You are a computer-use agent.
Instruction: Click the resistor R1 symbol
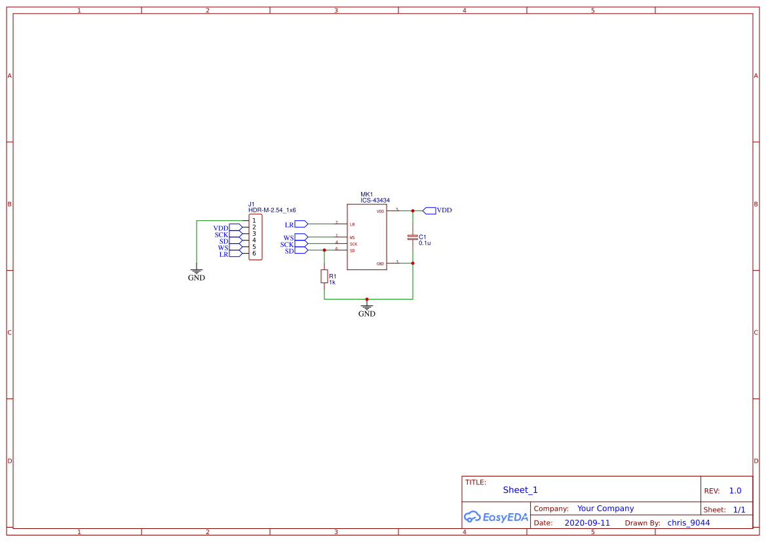(x=324, y=277)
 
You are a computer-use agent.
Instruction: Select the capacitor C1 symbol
(x=412, y=237)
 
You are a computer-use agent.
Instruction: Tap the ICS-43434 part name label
(x=375, y=201)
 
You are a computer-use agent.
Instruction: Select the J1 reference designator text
(x=252, y=204)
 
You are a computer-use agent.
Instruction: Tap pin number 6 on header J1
(x=254, y=254)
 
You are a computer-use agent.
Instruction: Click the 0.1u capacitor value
(x=425, y=243)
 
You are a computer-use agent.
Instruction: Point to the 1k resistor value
(x=332, y=282)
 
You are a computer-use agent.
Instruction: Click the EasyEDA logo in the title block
(x=495, y=517)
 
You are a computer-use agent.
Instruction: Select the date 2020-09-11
(x=586, y=523)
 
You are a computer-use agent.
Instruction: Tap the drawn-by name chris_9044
(x=688, y=523)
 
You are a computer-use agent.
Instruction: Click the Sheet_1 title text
(x=520, y=490)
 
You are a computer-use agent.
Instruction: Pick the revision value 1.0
(x=735, y=491)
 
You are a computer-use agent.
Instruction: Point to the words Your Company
(x=605, y=509)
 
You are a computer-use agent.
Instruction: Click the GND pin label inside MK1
(x=380, y=264)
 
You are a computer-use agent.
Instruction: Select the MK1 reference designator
(x=366, y=195)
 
